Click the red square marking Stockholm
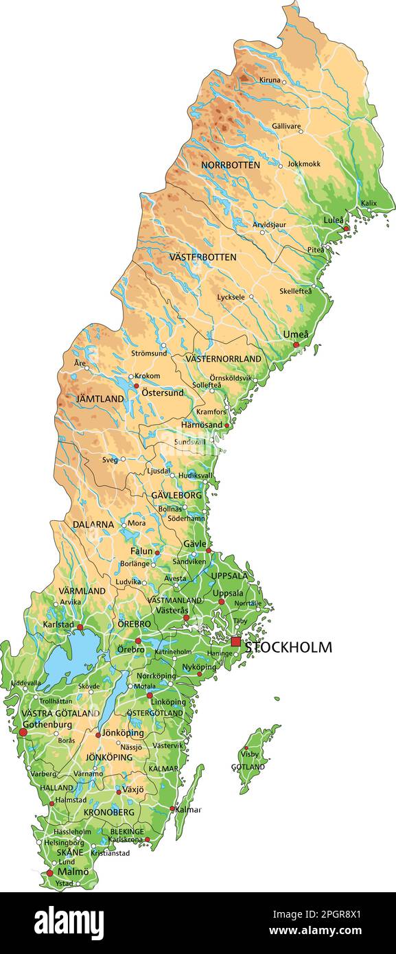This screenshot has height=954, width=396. coord(236,642)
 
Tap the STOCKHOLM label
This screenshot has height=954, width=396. coord(288,647)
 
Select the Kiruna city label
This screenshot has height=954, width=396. coord(270,80)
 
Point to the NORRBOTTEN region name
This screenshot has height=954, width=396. coord(230,165)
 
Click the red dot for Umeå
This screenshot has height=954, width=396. coord(296,345)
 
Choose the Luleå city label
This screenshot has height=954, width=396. coord(334,220)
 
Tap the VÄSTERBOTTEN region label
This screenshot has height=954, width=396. coord(202,257)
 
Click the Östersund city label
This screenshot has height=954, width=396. coord(162,393)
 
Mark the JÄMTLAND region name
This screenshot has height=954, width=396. coord(100,399)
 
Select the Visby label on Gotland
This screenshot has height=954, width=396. coord(250,754)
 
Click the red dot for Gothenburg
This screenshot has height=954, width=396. coord(23,733)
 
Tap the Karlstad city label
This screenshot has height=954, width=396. coord(58,625)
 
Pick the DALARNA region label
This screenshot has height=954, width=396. coord(93,524)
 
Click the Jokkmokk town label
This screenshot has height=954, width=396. coord(304,164)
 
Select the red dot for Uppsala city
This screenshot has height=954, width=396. coord(221,602)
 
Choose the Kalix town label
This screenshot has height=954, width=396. coord(369,203)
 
